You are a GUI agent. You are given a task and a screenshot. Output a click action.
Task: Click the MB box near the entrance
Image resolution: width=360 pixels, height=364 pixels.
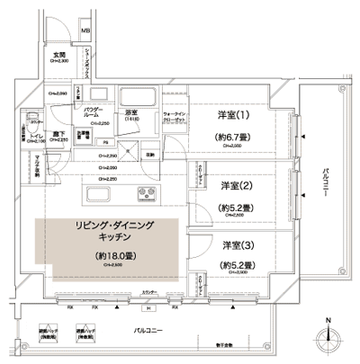point(85,33)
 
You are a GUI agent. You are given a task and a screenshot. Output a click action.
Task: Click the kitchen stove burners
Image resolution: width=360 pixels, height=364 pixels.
point(147,196)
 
